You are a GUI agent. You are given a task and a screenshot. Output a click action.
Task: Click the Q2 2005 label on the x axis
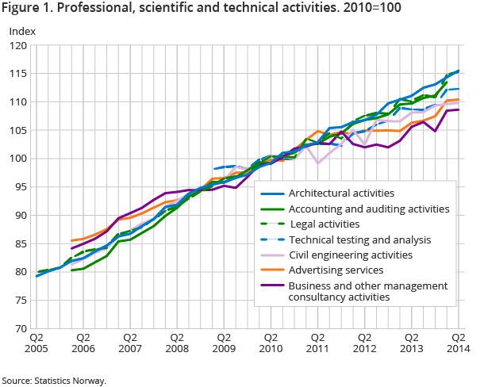pos(38,342)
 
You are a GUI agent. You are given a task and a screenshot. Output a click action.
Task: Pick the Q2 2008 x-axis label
pos(177,342)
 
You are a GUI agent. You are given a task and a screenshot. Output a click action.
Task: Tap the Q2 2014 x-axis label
pos(457,342)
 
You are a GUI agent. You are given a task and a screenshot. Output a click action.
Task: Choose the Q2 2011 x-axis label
pos(317,342)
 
